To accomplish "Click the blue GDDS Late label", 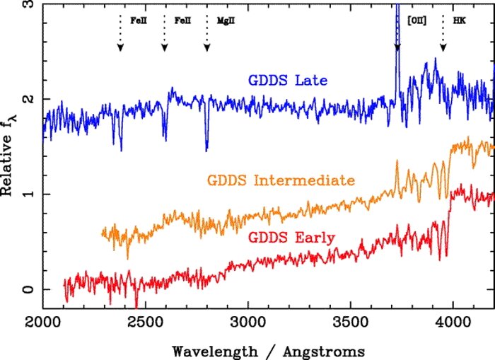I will tap(287, 81).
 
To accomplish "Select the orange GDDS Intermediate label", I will tap(281, 181).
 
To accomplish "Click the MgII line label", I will tap(225, 21).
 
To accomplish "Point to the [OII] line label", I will tap(417, 21).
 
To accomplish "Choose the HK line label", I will tap(459, 21).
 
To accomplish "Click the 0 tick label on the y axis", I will tap(28, 289).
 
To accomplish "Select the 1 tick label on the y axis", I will tap(28, 194).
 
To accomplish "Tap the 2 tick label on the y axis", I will tap(28, 98).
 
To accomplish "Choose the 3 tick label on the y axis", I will tap(28, 5).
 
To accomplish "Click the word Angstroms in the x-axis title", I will tap(308, 350).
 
